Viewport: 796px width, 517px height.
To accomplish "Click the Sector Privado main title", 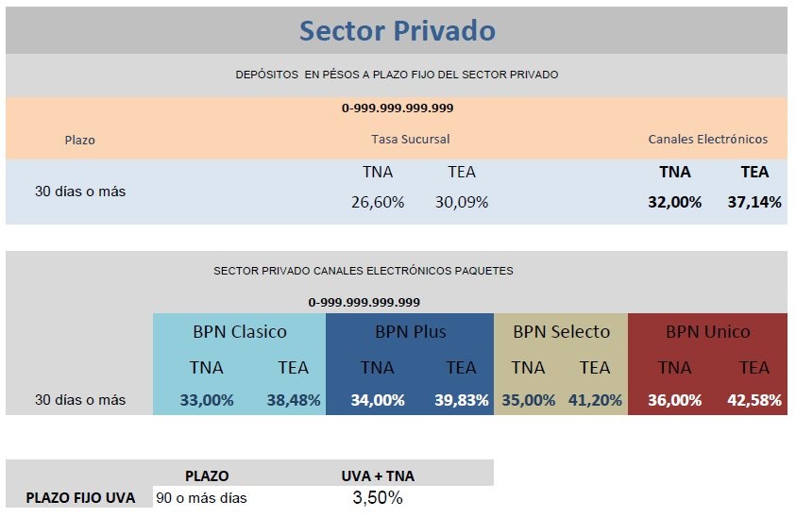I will [x=397, y=30].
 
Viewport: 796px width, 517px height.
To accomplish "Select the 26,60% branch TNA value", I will [x=378, y=202].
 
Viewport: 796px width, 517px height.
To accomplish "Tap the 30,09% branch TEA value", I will [x=462, y=202].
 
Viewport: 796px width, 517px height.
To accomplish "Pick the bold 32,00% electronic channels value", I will [x=674, y=202].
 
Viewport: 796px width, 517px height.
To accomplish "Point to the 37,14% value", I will [x=754, y=202].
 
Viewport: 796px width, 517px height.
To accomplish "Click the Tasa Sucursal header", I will [x=410, y=139].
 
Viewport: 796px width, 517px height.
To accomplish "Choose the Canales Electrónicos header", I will [x=707, y=139].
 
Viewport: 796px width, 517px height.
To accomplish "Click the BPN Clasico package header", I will [x=240, y=331].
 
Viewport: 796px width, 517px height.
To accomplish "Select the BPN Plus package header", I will [x=410, y=331].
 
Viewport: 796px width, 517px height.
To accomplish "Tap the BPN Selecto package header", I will [x=561, y=331].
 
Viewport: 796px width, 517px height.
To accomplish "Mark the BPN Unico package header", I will [x=707, y=331].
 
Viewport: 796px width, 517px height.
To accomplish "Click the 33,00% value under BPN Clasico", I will [x=207, y=400].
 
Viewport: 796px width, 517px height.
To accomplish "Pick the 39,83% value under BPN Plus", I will [x=461, y=400].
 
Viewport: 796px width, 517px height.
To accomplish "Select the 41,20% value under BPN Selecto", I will [x=595, y=400].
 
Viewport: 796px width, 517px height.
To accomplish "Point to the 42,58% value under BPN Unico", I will [x=754, y=400].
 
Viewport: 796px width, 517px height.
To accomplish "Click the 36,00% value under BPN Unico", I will [x=674, y=400].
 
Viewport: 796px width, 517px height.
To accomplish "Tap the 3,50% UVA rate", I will [x=377, y=497].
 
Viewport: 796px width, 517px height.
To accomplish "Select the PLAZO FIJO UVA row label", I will [x=80, y=497].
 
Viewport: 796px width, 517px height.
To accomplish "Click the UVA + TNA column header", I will [x=377, y=475].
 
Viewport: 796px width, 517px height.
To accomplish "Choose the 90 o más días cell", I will [x=201, y=497].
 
